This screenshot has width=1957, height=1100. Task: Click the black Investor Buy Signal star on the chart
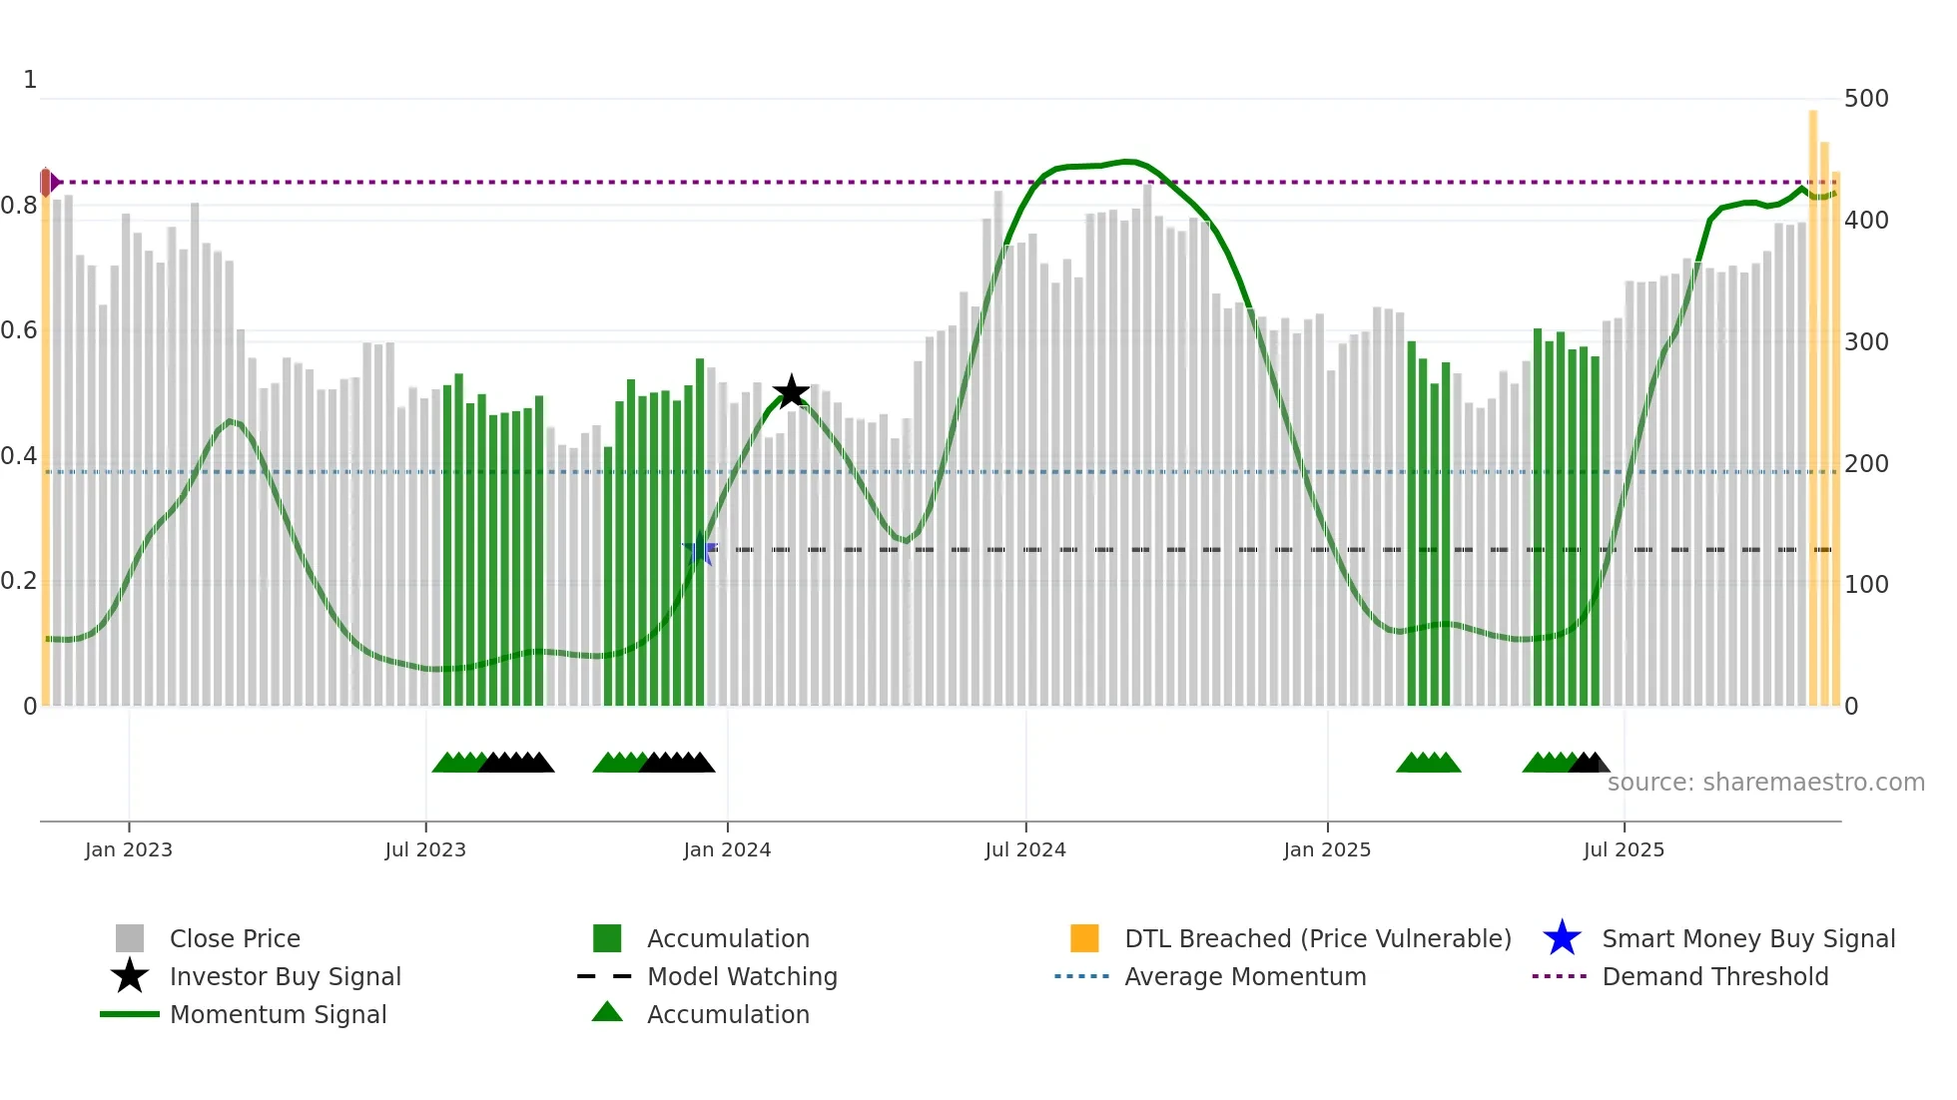click(791, 391)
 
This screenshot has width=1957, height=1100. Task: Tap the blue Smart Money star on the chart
click(700, 550)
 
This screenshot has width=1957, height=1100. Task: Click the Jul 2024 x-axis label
click(1025, 849)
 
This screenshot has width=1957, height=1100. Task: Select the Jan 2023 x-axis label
click(129, 849)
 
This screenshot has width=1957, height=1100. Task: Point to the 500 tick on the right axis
click(1866, 99)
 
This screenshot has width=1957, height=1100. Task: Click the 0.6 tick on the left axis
click(20, 330)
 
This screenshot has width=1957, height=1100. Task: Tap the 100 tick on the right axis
click(1866, 585)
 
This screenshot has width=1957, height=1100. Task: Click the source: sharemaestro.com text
click(1765, 783)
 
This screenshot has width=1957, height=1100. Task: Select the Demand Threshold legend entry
click(1714, 976)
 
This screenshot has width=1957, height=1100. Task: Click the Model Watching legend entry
click(742, 976)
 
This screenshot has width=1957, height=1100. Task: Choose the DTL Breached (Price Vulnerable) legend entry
click(1317, 938)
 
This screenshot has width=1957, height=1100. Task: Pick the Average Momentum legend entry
click(1245, 976)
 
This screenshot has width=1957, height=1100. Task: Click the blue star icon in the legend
click(1562, 938)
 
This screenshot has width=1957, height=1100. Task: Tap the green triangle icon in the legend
click(607, 1013)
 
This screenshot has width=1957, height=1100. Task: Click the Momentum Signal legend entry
click(278, 1014)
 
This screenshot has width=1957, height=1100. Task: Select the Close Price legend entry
click(235, 938)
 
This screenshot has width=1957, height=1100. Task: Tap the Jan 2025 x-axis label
click(1327, 849)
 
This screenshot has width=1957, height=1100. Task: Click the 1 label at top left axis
click(30, 80)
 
